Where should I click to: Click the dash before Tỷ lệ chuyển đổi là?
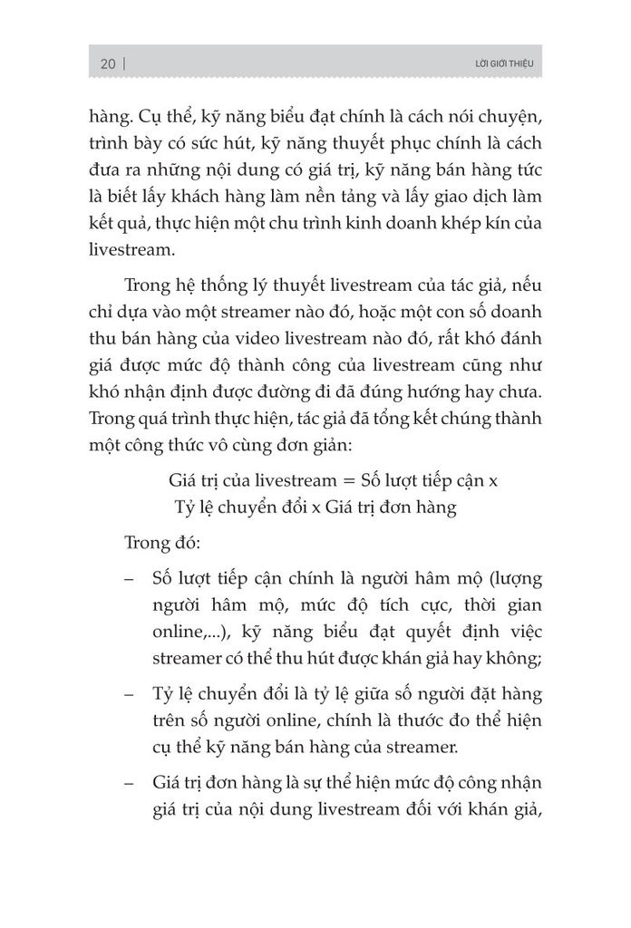coord(132,695)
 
